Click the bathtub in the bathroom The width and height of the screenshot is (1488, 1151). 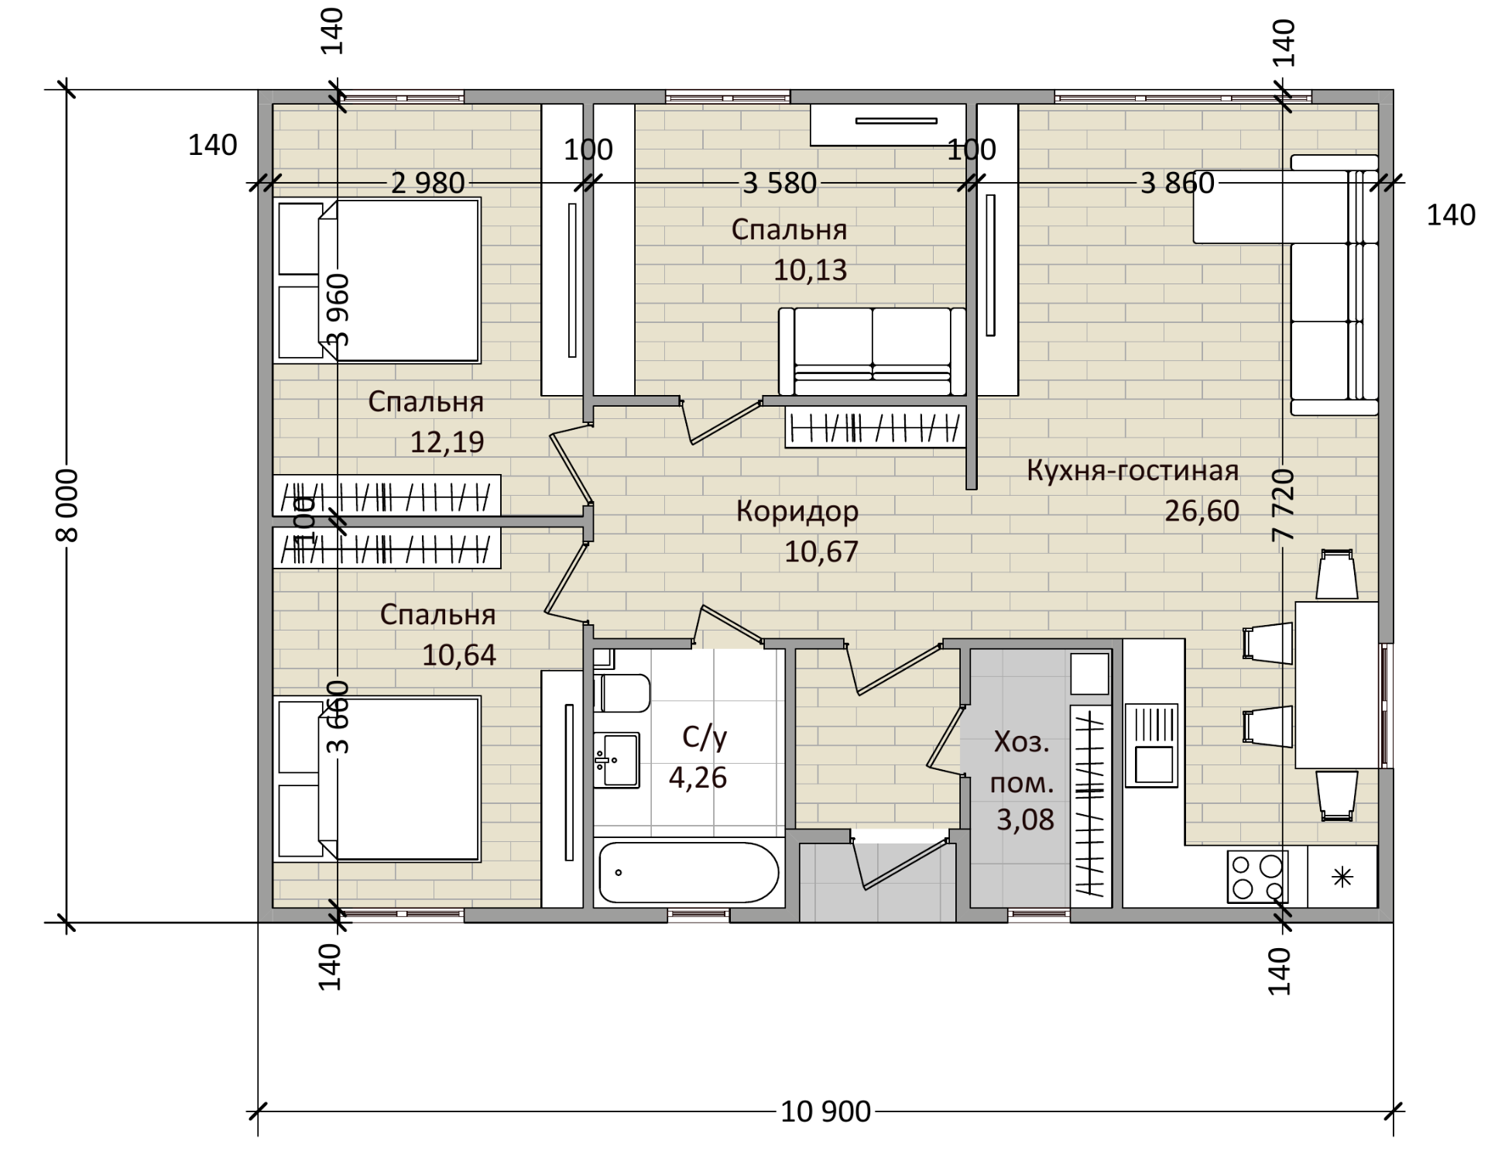689,872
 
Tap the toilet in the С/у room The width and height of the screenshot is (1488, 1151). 622,692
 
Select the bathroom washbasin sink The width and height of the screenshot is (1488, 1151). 616,760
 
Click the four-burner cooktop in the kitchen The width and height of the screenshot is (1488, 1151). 1257,877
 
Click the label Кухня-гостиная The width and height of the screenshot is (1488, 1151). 1133,471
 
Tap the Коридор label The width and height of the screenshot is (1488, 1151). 797,511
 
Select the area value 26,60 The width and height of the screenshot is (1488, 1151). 1202,511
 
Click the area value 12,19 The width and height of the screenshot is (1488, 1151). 447,442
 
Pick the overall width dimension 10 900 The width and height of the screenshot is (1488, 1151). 825,1112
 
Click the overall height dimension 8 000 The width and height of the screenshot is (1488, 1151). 67,506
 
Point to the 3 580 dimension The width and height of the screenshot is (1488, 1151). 780,184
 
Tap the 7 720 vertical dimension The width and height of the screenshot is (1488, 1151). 1283,505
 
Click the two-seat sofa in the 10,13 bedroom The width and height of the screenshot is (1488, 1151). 873,352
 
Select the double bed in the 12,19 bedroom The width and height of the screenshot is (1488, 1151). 377,280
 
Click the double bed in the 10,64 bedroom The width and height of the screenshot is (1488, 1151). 377,778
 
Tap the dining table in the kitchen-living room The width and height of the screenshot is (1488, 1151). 1336,685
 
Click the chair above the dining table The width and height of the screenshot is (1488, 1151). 1337,574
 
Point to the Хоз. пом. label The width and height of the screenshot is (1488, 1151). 1022,763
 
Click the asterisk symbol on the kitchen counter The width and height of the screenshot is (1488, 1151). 1342,878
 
